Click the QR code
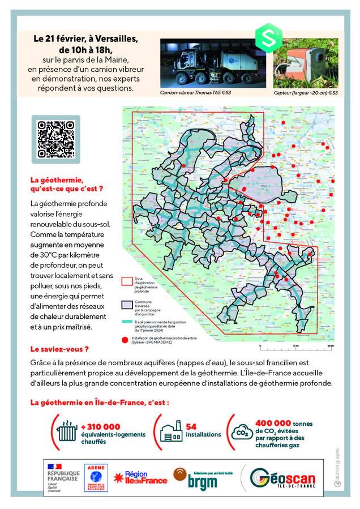click(x=55, y=139)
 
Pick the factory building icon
click(x=171, y=431)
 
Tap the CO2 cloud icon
click(x=242, y=433)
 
